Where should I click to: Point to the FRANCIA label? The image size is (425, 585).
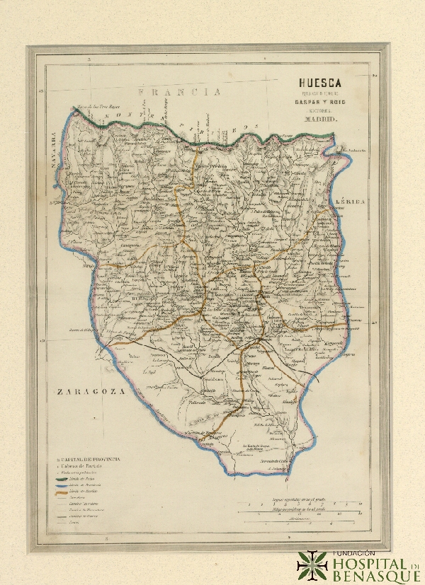coord(179,92)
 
